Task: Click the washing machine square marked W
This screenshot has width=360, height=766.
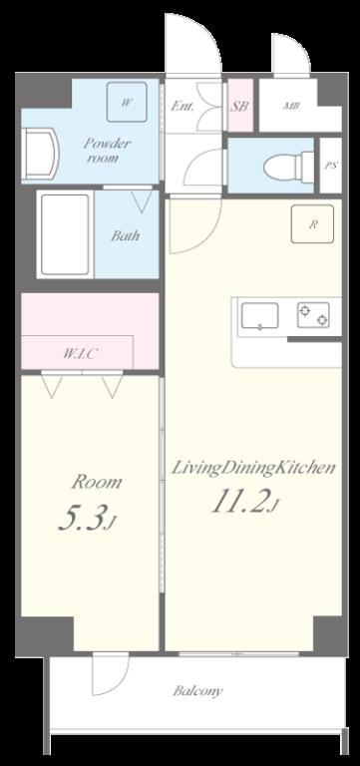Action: coord(127,102)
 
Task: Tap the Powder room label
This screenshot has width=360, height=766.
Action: coord(106,151)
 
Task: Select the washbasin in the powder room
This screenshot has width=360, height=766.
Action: coord(40,155)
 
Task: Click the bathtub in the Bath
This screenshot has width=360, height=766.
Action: coord(65,234)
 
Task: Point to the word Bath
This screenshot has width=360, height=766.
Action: coord(125,235)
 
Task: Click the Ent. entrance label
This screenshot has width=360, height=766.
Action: coord(181,106)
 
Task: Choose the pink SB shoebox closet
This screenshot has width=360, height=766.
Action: coord(240,105)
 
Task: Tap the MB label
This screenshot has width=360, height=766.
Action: coord(291,106)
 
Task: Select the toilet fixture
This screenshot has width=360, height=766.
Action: coord(288,167)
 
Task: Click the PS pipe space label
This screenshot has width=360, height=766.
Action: coord(331,166)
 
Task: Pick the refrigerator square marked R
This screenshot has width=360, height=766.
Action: coord(312,224)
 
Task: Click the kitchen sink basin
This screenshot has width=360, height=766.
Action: coord(260,315)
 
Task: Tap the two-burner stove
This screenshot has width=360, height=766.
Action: coord(313,315)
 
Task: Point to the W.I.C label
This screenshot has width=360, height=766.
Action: coord(79,354)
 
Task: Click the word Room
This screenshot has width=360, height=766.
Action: coord(97,482)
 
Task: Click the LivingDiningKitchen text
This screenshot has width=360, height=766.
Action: coord(253,469)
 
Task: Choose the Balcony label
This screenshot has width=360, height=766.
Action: coord(197,691)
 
